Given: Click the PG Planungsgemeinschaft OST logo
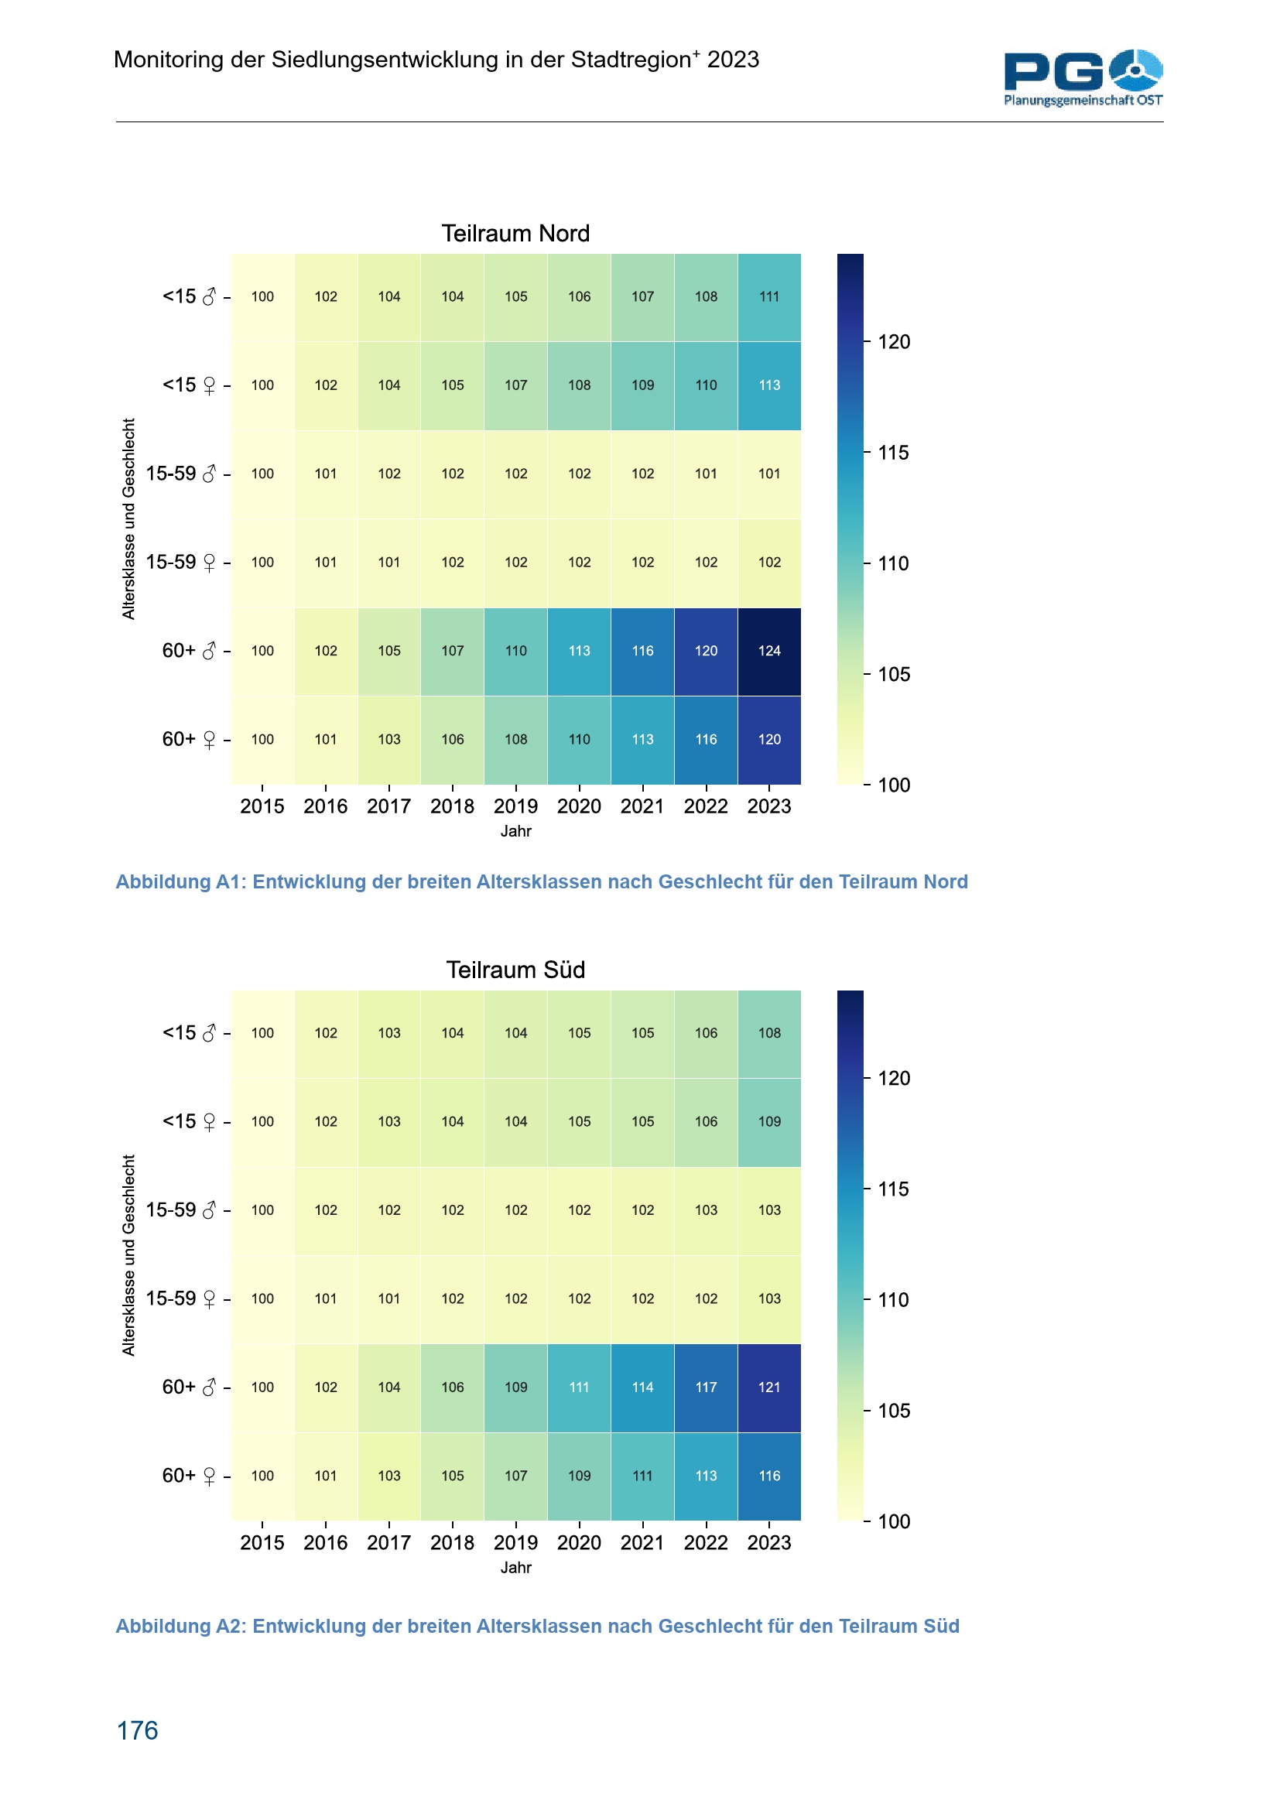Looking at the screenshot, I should click(1082, 77).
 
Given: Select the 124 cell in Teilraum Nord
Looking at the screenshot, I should click(768, 651).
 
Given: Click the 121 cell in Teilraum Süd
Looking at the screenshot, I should click(768, 1387).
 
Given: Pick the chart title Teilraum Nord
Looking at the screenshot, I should click(515, 234).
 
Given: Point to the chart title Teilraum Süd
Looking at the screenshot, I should click(515, 970).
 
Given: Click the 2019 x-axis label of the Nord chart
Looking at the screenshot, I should click(515, 806).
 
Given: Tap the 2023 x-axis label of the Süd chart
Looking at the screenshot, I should click(768, 1543).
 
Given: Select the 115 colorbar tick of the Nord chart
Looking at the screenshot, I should click(893, 453).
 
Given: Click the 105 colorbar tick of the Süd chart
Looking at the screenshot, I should click(893, 1411).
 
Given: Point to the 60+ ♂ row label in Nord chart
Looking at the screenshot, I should click(188, 651).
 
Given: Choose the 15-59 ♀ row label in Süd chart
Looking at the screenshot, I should click(180, 1298).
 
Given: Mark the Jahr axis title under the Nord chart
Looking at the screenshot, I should click(515, 831).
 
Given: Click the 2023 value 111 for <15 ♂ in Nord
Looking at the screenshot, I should click(768, 297).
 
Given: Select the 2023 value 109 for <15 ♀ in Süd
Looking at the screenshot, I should click(768, 1122).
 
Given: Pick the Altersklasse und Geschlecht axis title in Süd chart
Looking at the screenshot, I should click(128, 1255).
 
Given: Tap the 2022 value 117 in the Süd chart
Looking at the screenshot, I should click(706, 1387).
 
